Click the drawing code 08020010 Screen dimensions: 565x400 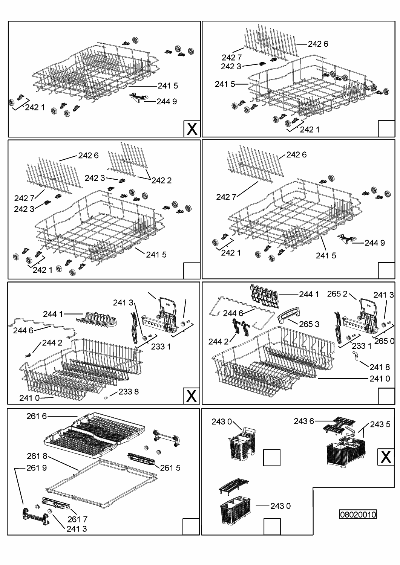tap(358, 514)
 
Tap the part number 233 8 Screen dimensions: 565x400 tap(129, 392)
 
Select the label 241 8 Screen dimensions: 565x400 tap(380, 367)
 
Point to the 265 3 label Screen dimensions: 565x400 tap(309, 324)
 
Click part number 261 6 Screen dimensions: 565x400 tap(37, 416)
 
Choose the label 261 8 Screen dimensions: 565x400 tap(37, 456)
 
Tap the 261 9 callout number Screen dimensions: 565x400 tap(37, 468)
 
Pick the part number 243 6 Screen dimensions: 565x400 tap(304, 421)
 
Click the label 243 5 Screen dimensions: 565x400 tap(380, 425)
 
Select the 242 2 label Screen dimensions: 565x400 tap(161, 180)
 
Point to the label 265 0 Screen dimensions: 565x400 tap(385, 341)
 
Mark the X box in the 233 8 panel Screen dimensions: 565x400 tap(192, 396)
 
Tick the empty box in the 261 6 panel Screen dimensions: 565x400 tap(191, 526)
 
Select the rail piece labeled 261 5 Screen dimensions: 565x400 tap(141, 458)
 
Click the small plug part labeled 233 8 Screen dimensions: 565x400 tap(106, 397)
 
